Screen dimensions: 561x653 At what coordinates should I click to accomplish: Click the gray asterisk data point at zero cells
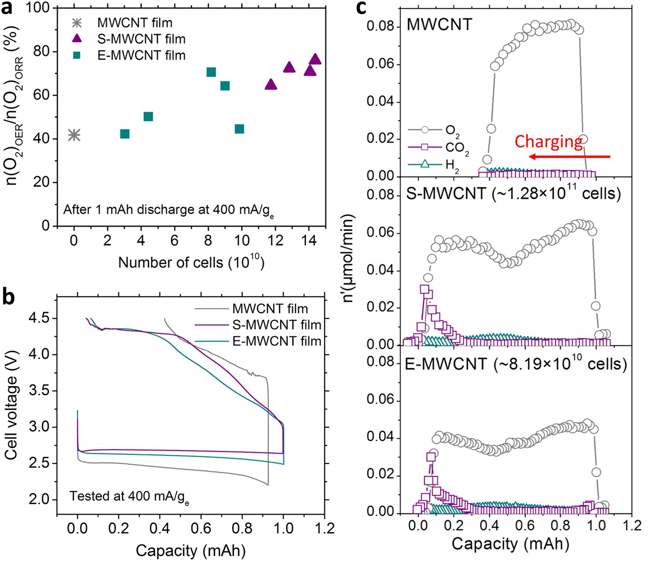pos(74,135)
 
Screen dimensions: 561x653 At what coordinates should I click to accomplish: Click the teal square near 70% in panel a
pos(211,73)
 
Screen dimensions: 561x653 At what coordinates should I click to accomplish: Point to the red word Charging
pos(548,141)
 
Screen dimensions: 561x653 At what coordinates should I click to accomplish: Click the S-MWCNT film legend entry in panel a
pos(141,39)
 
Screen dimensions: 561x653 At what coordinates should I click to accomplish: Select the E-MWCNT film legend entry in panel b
pos(277,341)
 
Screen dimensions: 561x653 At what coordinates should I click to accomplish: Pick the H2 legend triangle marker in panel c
pos(425,164)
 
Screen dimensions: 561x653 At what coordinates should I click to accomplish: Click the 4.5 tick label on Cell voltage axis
pos(39,318)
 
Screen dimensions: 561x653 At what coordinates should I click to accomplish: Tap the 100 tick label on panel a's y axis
pos(37,7)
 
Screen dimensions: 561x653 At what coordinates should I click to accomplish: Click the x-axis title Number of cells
pos(191,262)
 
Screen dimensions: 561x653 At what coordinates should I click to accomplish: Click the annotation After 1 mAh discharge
pos(168,210)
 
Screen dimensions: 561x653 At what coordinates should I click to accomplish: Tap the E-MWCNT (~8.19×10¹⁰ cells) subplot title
pos(515,364)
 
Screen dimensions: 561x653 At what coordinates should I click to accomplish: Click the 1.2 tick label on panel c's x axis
pos(631,525)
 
